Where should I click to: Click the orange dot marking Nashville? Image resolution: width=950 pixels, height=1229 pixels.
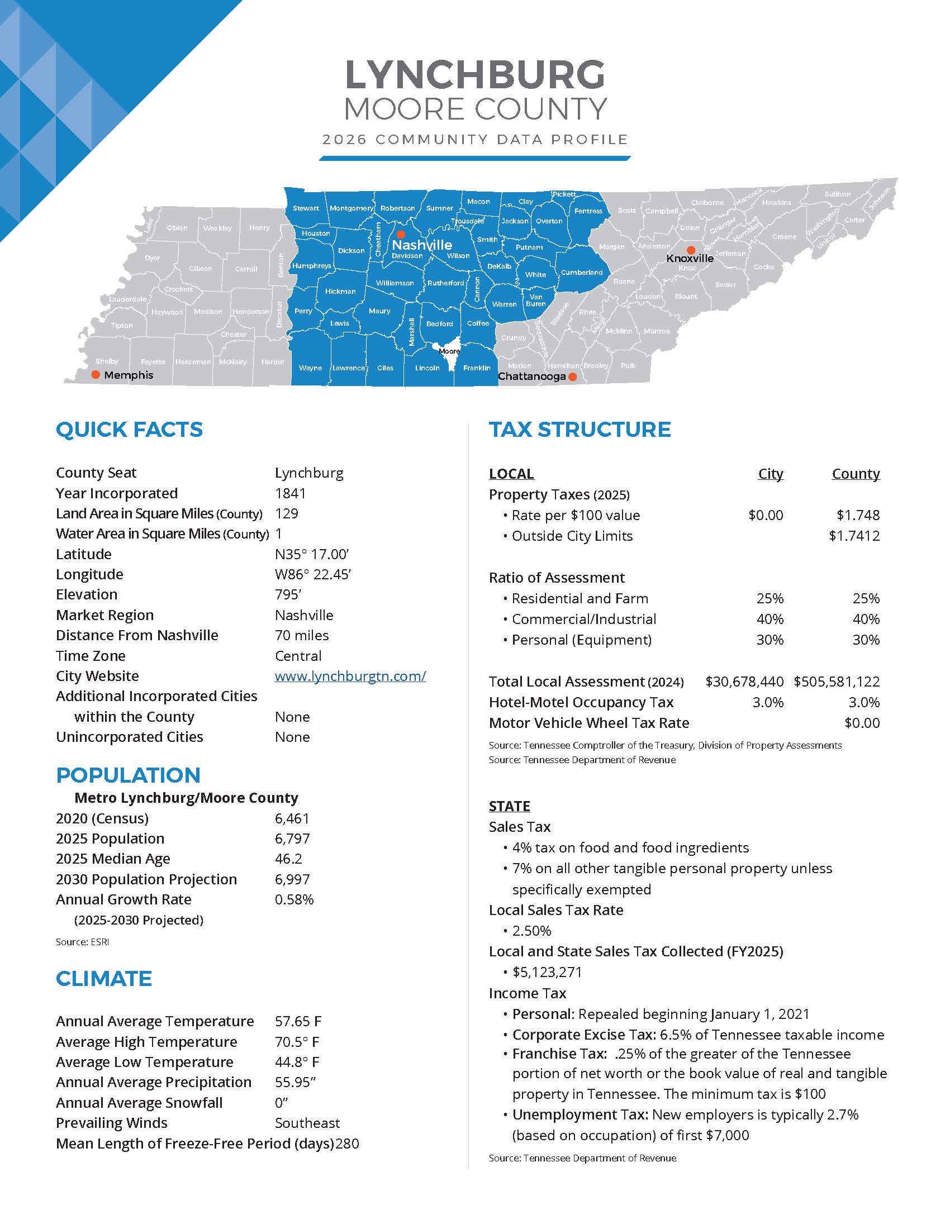point(401,234)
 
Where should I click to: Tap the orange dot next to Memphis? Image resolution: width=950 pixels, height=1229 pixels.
point(96,375)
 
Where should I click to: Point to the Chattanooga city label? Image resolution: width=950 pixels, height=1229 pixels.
point(531,376)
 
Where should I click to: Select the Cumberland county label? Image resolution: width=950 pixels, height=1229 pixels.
point(581,273)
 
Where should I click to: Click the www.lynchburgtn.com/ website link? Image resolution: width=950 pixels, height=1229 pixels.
point(350,676)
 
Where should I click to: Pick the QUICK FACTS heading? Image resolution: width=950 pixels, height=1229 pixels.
point(129,430)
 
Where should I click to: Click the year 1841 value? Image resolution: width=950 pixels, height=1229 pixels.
point(291,493)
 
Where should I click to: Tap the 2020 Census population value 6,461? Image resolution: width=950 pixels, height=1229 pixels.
point(292,818)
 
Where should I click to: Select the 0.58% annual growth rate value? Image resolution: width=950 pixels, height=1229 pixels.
point(294,899)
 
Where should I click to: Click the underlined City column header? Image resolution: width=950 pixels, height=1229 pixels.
point(770,474)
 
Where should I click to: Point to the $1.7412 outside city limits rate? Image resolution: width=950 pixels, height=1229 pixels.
point(854,536)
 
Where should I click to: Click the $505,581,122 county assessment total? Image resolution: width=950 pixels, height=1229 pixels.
point(837,682)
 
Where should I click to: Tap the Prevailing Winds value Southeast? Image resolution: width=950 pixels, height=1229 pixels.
point(307,1123)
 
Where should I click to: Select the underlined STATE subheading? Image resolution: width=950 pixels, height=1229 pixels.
point(509,806)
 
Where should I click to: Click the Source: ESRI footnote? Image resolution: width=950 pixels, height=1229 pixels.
point(82,941)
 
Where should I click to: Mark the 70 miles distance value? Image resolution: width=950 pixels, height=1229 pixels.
point(302,635)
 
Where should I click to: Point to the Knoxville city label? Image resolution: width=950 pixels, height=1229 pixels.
point(690,258)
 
